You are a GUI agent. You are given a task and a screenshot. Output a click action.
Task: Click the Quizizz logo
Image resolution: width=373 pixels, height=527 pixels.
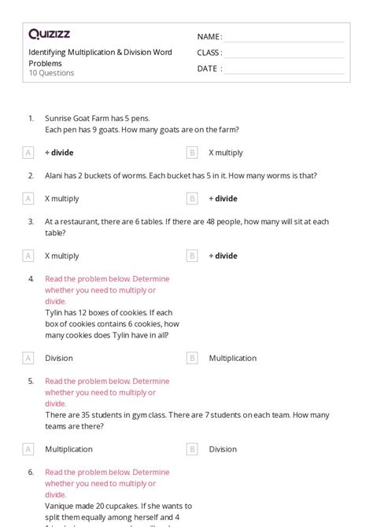(x=49, y=34)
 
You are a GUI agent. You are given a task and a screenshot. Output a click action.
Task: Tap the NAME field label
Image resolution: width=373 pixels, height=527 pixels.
(x=209, y=37)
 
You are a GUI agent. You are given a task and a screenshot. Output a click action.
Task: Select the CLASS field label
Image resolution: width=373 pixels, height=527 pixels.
(x=209, y=53)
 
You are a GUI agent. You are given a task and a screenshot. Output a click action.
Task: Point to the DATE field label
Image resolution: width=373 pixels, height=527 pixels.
(x=209, y=68)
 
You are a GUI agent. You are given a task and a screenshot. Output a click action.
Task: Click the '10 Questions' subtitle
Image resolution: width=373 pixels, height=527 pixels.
(x=51, y=73)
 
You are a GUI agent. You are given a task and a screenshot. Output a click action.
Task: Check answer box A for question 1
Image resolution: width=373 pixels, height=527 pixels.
(x=28, y=153)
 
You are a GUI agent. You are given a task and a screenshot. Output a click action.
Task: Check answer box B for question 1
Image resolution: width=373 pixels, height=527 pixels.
(x=192, y=153)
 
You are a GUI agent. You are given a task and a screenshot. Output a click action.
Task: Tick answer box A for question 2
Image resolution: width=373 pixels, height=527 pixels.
(x=28, y=199)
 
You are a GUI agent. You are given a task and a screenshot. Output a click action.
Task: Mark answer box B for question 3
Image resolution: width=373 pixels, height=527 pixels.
(x=192, y=256)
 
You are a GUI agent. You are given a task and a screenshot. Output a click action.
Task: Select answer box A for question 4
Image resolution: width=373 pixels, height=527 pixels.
(x=28, y=358)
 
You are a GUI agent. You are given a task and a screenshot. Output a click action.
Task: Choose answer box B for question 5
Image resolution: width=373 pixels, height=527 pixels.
(x=192, y=449)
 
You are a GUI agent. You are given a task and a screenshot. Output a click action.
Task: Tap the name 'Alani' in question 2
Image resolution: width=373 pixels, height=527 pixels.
(x=54, y=175)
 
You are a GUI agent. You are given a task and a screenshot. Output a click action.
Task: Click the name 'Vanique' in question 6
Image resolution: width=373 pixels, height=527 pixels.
(x=60, y=507)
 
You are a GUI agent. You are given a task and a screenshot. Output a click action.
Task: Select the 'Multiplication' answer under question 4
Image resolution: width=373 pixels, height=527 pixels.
(x=232, y=358)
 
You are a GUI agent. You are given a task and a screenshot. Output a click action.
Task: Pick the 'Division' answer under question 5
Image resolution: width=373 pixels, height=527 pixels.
(x=223, y=449)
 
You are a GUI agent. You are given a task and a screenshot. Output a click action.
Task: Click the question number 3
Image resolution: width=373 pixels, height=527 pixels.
(x=31, y=222)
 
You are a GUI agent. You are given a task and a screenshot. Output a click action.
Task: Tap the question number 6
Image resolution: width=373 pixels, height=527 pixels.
(x=31, y=472)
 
